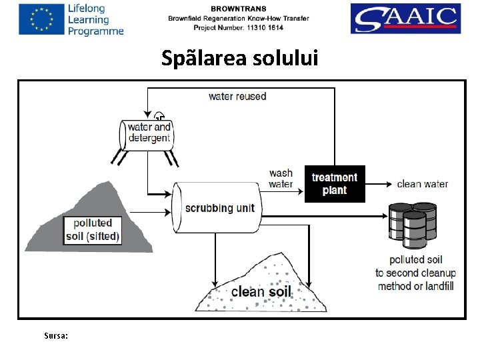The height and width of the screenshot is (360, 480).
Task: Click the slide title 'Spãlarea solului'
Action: [x=240, y=59]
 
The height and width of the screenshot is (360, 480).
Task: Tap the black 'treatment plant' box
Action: [x=335, y=184]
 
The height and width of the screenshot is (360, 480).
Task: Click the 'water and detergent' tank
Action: [x=147, y=133]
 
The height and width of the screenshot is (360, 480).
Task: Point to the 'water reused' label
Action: [x=237, y=96]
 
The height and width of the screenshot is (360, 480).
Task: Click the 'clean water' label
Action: [x=422, y=184]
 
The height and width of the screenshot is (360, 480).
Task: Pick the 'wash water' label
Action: [x=281, y=179]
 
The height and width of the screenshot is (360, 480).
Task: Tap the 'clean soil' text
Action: [x=261, y=291]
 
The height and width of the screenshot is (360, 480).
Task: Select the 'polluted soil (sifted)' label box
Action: [x=93, y=229]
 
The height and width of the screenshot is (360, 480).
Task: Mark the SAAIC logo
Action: [x=405, y=19]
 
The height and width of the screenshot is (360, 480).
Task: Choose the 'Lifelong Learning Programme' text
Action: [x=95, y=19]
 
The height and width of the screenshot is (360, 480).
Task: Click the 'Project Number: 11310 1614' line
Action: [x=238, y=27]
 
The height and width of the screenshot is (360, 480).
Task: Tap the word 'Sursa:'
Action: [x=55, y=336]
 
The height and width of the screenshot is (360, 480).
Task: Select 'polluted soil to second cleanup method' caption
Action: [x=415, y=267]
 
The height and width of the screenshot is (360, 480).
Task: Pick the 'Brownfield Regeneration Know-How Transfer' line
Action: [x=238, y=18]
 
